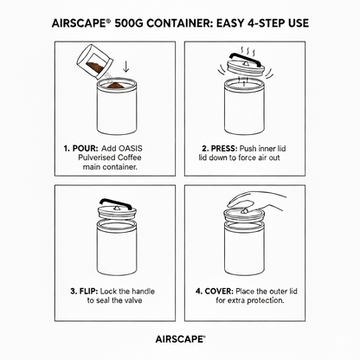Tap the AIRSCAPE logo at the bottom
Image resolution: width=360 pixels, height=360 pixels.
[x=180, y=339]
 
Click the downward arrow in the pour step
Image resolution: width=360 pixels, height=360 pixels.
[x=126, y=66]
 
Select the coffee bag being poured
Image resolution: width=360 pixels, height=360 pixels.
[x=94, y=62]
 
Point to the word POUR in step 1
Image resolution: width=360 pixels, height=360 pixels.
[x=86, y=149]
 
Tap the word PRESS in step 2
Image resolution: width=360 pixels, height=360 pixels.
[x=224, y=149]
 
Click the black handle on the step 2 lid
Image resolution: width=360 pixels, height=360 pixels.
[x=245, y=58]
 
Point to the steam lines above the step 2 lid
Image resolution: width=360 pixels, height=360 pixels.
[x=248, y=52]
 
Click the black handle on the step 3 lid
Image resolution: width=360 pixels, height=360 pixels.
[x=115, y=203]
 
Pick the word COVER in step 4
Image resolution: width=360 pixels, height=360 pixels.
[x=219, y=292]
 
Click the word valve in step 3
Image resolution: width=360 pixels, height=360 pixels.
[x=133, y=300]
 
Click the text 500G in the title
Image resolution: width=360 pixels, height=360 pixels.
[x=129, y=23]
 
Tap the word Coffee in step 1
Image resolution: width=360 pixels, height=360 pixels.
[x=130, y=157]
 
